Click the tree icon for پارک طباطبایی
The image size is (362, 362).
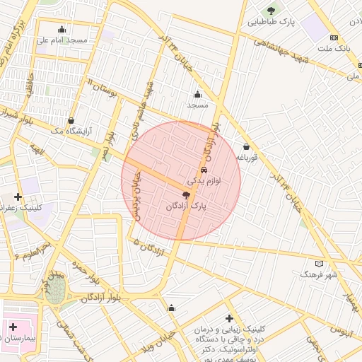click(271, 11)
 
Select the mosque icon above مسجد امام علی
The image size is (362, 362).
click(62, 30)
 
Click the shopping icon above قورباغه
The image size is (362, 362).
click(246, 146)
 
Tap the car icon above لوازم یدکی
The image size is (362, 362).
click(204, 170)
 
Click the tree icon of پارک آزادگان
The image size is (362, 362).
click(186, 194)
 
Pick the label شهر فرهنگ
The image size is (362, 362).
click(318, 274)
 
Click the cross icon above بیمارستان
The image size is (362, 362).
click(13, 327)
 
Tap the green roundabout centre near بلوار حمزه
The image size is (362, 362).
click(56, 290)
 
